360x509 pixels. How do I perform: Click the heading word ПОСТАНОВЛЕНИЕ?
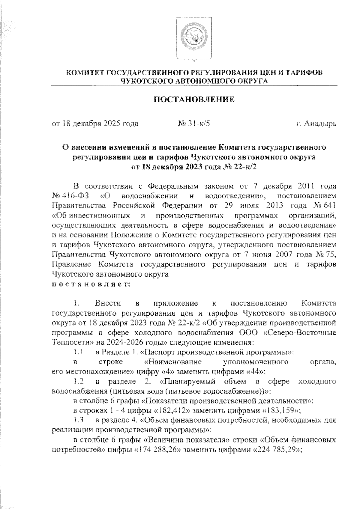pyautogui.click(x=194, y=99)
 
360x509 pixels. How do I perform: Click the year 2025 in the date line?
pyautogui.click(x=113, y=123)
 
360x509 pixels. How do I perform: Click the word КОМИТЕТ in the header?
pyautogui.click(x=84, y=73)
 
